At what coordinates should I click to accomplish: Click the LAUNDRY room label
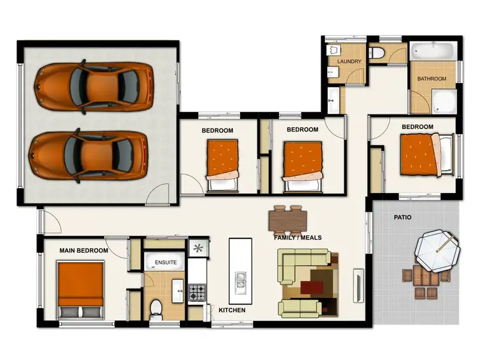(349, 62)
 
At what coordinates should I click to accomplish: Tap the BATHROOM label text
(432, 79)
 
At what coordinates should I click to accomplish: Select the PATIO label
(403, 217)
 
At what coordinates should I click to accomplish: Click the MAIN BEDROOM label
(83, 251)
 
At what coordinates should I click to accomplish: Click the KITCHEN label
(232, 310)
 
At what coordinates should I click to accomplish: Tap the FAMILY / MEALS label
(298, 237)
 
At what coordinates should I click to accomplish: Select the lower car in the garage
(90, 154)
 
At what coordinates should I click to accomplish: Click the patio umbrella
(437, 251)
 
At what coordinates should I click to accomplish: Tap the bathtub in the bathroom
(432, 51)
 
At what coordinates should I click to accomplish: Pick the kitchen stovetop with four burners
(197, 293)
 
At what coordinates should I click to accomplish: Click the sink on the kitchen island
(241, 280)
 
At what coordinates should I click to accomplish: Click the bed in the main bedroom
(81, 288)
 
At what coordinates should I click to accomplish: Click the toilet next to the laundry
(379, 53)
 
